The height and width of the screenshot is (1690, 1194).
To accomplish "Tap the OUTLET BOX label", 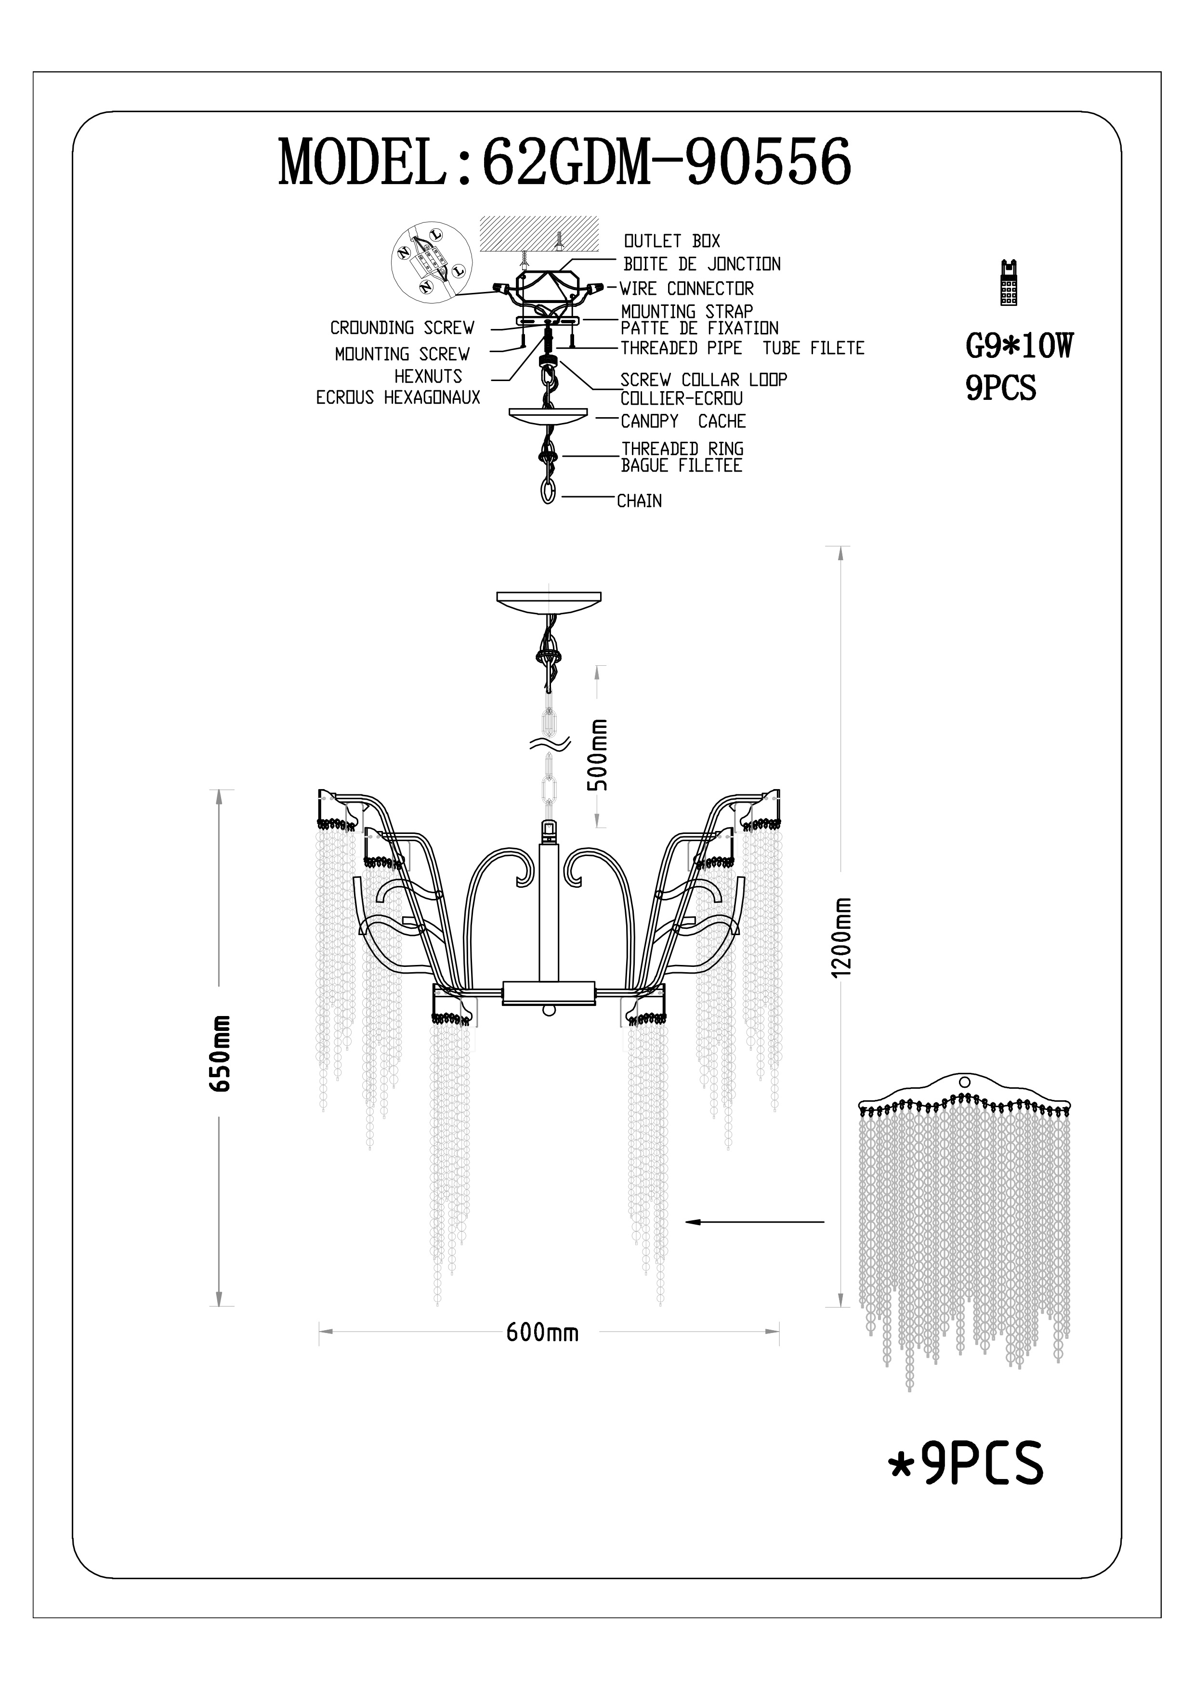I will [672, 241].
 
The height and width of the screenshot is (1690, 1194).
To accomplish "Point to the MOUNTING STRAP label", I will [686, 311].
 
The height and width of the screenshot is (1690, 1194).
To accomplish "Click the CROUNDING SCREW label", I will [402, 328].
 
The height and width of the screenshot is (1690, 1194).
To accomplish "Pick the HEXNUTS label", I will [428, 376].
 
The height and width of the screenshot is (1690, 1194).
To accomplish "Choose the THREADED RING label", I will [682, 448].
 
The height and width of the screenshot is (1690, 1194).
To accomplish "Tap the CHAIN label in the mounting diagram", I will [639, 501].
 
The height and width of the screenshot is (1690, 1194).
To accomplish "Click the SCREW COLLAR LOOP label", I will [703, 380].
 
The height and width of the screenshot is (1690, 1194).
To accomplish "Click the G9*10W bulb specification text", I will [1019, 346].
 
